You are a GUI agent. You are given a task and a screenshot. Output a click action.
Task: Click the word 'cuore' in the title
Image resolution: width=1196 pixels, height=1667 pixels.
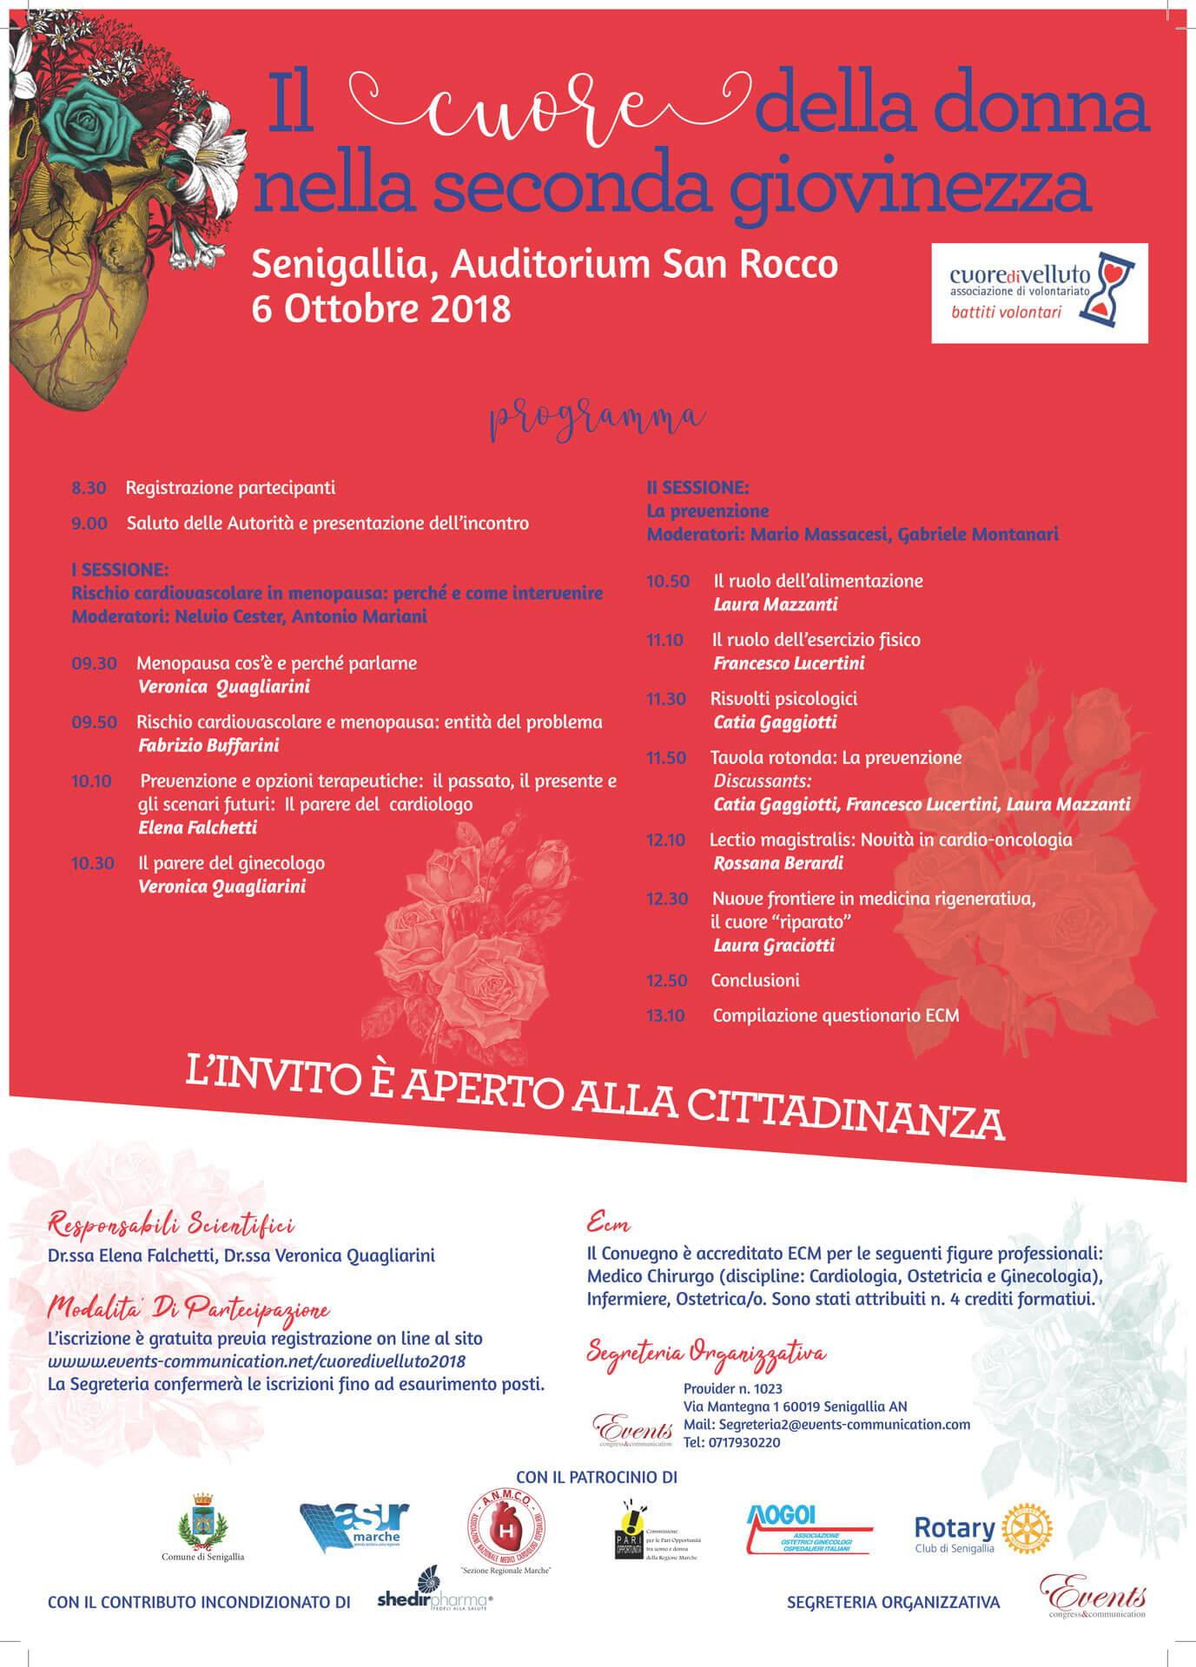pos(539,110)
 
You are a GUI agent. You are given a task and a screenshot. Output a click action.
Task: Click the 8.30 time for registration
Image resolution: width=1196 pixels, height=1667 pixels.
pos(89,488)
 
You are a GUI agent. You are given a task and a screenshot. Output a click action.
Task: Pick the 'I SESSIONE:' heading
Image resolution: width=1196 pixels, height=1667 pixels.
pos(120,570)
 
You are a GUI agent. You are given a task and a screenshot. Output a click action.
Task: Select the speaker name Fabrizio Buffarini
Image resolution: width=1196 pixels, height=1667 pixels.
pos(208,745)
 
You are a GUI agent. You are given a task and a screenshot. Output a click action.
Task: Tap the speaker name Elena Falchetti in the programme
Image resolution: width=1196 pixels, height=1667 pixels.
pos(197,827)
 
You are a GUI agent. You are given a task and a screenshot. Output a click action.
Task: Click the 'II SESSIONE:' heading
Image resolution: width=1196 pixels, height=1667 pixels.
pos(697,487)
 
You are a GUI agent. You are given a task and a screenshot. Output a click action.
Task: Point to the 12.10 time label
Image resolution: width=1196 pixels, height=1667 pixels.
pos(665,840)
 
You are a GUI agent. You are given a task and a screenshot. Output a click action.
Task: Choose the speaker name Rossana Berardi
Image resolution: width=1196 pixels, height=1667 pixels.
pos(777,863)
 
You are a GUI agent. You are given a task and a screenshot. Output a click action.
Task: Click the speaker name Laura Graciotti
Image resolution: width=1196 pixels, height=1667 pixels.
pos(773,946)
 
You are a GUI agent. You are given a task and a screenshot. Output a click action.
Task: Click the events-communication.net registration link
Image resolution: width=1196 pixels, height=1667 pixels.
pos(257,1361)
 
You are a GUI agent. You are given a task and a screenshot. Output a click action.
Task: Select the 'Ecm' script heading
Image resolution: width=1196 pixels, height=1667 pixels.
pos(608,1224)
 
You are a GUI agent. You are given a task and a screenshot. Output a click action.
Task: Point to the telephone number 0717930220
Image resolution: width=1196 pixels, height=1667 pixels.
pos(731,1442)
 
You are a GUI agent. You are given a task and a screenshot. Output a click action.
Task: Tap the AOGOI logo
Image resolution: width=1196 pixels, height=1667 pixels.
pos(809,1530)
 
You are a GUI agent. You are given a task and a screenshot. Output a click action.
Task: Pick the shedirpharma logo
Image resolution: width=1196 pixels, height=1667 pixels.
pos(434,1600)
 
